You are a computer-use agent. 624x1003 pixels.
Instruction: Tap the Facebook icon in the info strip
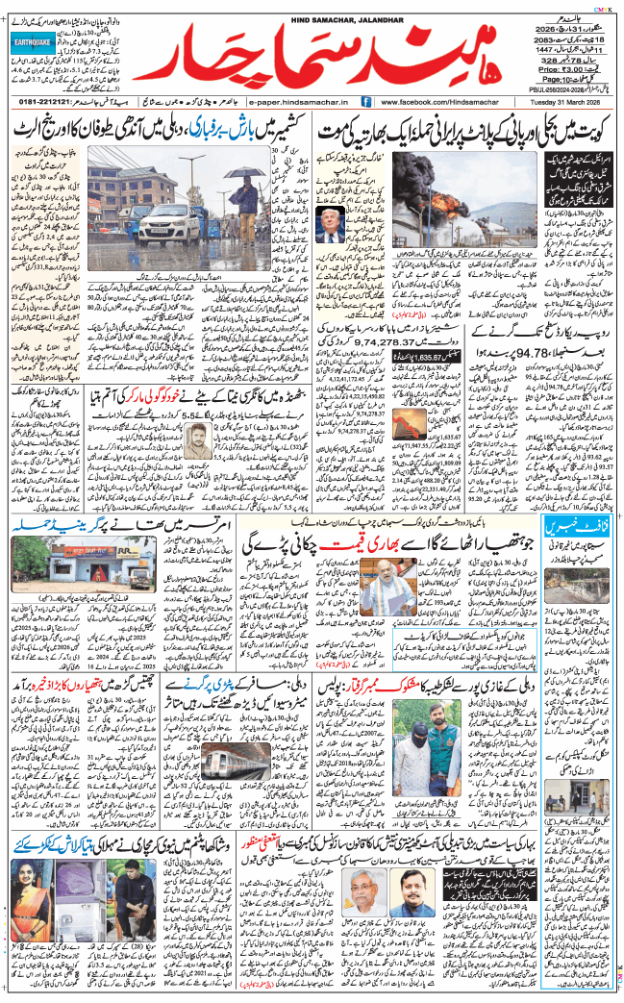(x=366, y=101)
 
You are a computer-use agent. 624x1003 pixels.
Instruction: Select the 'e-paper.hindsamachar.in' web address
(x=302, y=101)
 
